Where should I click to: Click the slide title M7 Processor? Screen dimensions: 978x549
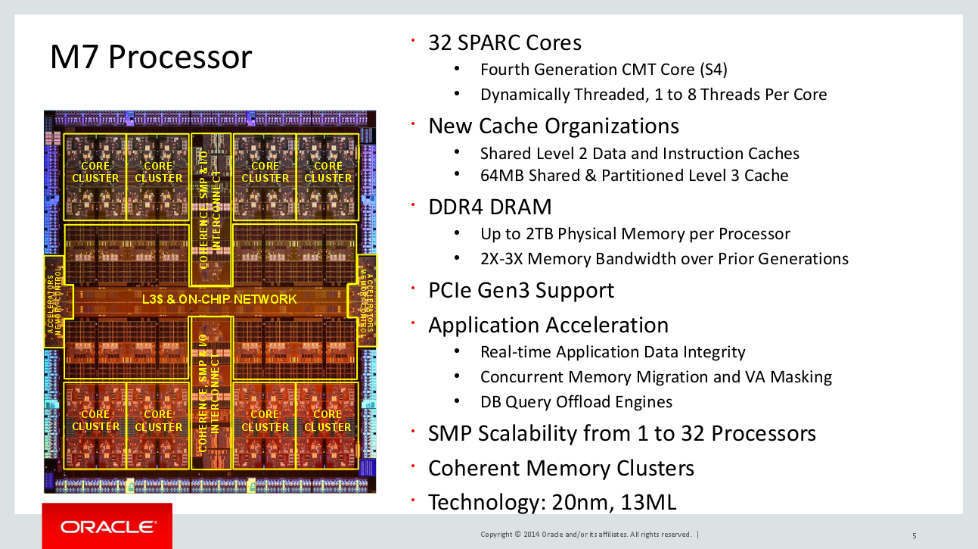(x=151, y=57)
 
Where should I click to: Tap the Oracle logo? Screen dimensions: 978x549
(x=107, y=527)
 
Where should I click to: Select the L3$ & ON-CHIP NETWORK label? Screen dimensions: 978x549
(x=219, y=299)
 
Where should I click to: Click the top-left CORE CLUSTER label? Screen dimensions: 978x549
(x=95, y=172)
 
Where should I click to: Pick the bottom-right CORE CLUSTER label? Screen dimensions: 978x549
(x=328, y=420)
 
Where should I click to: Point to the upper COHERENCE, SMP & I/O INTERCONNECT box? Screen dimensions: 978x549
(x=211, y=209)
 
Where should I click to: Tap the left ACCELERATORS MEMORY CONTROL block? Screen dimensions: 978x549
(x=55, y=302)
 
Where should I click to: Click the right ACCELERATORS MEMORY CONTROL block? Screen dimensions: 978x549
(x=366, y=301)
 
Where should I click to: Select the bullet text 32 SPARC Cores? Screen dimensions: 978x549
(x=505, y=43)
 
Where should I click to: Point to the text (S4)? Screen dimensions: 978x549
(x=713, y=70)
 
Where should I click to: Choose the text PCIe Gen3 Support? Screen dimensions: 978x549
(x=521, y=290)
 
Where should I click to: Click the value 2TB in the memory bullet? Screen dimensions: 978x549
(x=539, y=234)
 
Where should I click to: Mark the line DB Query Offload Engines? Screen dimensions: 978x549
(x=576, y=402)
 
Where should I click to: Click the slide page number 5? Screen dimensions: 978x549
(x=914, y=535)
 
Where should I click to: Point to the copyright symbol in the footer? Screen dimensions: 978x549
(x=518, y=534)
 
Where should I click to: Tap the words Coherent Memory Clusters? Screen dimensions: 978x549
(x=561, y=468)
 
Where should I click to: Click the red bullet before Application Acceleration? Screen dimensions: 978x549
(x=412, y=323)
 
